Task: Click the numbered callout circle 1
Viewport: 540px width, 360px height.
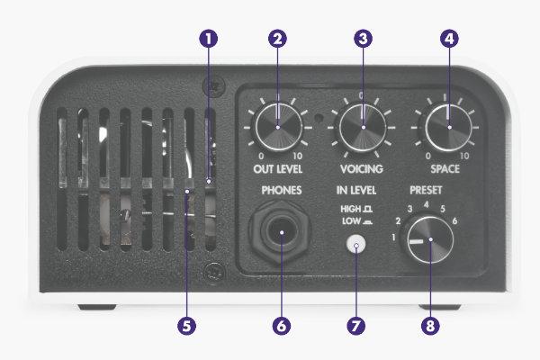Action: [209, 39]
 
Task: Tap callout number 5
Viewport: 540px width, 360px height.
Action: [186, 326]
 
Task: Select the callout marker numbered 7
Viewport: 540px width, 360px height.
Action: [356, 326]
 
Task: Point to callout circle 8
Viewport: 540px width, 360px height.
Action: [430, 326]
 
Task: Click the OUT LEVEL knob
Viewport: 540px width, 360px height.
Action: [278, 127]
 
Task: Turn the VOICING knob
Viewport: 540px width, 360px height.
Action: [363, 128]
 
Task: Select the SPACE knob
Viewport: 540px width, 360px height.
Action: [449, 128]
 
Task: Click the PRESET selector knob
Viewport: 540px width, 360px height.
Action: [430, 239]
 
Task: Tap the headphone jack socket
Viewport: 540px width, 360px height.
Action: [282, 231]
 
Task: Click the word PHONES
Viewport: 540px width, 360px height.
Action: [282, 190]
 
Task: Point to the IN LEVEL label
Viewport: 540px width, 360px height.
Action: [356, 190]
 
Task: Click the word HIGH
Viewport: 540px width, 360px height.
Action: [351, 209]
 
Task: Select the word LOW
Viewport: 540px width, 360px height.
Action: [351, 220]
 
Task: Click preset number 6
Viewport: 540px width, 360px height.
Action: [454, 220]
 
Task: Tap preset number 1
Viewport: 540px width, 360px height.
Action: [393, 238]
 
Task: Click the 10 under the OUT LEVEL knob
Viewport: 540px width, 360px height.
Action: [298, 156]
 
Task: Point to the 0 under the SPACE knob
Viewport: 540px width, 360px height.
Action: [427, 156]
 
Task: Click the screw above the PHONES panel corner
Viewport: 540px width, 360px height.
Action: [214, 85]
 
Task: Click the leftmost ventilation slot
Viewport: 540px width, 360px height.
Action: [62, 179]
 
